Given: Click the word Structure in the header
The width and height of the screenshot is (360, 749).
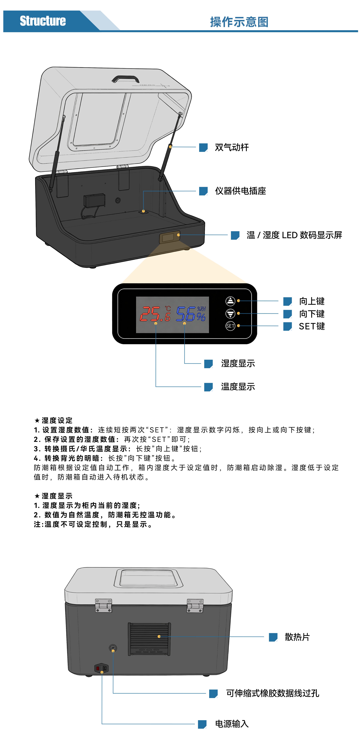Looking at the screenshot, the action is [x=43, y=21].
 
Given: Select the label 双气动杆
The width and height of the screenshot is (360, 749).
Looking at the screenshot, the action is [x=232, y=147].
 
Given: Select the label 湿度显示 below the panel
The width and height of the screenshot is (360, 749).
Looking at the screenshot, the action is [x=238, y=363].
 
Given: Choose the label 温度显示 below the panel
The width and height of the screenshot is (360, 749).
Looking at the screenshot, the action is [x=238, y=387].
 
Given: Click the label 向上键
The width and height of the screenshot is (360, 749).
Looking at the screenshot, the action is [x=312, y=301].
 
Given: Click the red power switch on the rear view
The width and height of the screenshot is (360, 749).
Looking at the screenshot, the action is [x=98, y=668].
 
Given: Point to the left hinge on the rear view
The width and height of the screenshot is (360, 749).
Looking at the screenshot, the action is [x=103, y=606].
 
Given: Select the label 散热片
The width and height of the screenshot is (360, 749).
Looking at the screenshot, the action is [x=297, y=637].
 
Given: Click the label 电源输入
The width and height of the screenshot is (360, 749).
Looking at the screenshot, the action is [x=232, y=724].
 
